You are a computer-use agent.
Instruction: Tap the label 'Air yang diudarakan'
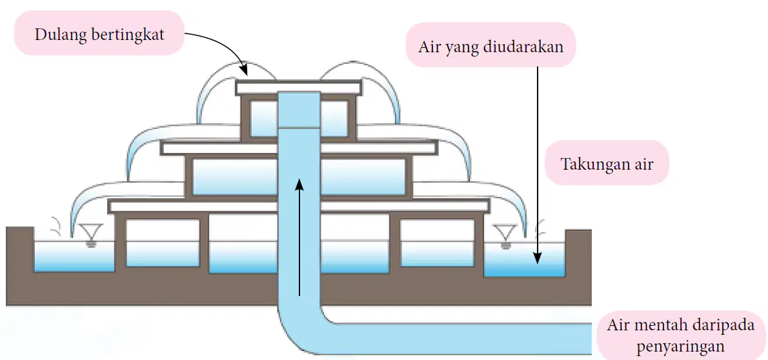490,48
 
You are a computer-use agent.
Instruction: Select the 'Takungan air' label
607,164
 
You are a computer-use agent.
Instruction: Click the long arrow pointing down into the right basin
538,165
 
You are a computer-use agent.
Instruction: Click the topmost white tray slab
299,88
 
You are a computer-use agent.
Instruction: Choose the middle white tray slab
299,148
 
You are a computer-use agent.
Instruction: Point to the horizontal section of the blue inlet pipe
460,339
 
